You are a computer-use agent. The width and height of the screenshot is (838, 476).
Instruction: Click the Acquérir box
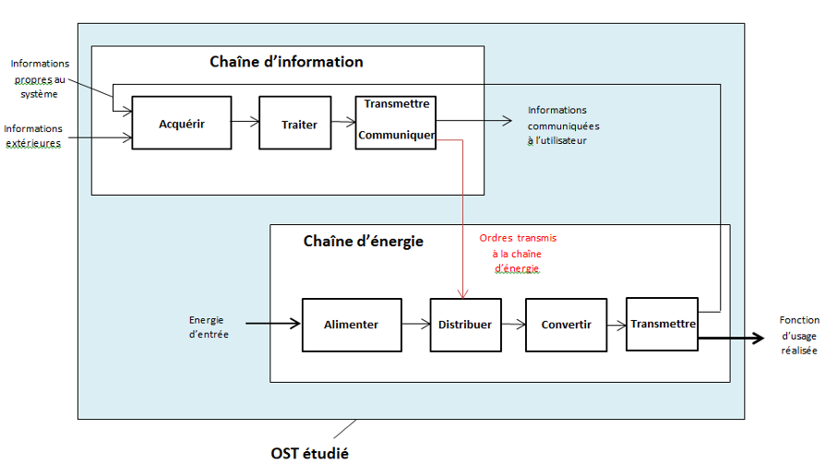coord(182,123)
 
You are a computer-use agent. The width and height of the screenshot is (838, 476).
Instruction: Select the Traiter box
coord(295,123)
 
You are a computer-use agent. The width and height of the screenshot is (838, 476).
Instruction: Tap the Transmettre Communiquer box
coord(396,123)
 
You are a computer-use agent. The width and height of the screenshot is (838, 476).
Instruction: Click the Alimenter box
coord(352,325)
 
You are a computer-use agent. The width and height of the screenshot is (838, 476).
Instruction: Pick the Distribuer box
coord(465,325)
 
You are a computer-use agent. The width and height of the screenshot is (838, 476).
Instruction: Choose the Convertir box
coord(566,325)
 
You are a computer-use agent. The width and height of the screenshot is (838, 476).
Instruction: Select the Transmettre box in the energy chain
coord(662,325)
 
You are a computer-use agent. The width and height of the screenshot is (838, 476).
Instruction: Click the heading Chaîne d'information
coord(286,62)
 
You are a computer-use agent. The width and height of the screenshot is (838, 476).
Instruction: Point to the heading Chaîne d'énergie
coord(364,242)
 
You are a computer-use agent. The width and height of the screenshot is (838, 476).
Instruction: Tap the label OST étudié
coord(309,454)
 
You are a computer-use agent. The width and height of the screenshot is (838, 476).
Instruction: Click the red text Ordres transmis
coord(518,238)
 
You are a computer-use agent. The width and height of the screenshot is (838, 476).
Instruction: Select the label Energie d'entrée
coord(209,327)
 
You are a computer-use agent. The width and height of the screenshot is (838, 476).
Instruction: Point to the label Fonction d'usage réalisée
coord(799,336)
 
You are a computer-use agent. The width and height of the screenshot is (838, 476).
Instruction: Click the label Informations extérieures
coord(33,137)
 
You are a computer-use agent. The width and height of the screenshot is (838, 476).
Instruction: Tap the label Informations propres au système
coord(40,78)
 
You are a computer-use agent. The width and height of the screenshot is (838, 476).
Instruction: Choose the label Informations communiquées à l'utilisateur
coord(563,125)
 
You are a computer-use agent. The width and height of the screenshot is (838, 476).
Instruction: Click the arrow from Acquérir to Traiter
coord(245,123)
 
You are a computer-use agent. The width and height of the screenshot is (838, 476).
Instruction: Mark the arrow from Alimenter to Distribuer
coord(416,324)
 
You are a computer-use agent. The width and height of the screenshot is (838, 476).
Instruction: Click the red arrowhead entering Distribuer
coord(462,294)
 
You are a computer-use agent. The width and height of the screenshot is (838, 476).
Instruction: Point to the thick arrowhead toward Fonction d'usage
coord(759,339)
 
